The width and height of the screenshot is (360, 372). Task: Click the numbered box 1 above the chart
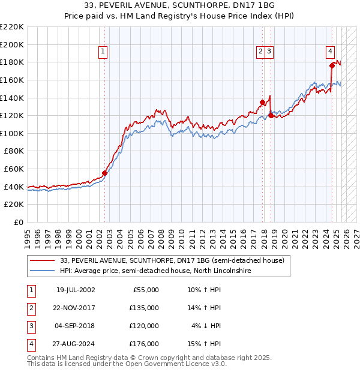(x=103, y=52)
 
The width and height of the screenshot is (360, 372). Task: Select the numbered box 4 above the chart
(x=331, y=52)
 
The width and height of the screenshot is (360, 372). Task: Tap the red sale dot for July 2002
(x=104, y=173)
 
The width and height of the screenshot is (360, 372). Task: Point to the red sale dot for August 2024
(x=332, y=65)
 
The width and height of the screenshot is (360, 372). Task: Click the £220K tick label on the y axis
(x=12, y=27)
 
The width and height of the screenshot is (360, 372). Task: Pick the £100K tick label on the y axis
(x=12, y=133)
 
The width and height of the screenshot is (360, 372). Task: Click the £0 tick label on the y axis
(x=18, y=222)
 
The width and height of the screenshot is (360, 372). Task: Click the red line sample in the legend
(x=42, y=260)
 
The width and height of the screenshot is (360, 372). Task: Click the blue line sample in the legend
(x=42, y=271)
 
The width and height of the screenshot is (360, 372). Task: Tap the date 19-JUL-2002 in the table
(x=76, y=290)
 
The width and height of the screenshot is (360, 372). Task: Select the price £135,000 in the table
(x=145, y=308)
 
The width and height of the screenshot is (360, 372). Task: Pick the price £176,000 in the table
(x=145, y=344)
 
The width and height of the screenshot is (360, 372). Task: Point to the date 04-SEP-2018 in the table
(x=76, y=326)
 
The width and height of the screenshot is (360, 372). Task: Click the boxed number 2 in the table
(x=31, y=308)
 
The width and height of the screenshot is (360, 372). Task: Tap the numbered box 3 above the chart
(x=270, y=52)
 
